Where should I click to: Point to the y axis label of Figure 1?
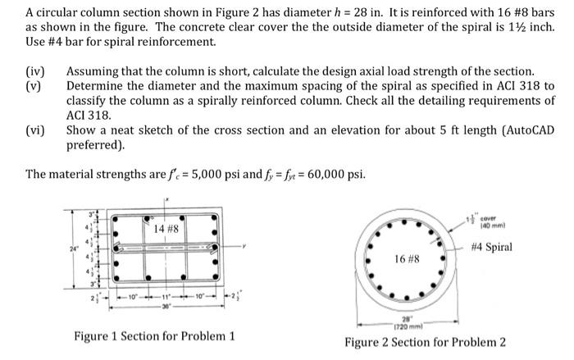point(244,243)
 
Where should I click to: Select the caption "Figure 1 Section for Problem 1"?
point(154,336)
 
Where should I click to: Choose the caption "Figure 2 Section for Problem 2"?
point(425,341)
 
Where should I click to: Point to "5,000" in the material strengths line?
point(180,174)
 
